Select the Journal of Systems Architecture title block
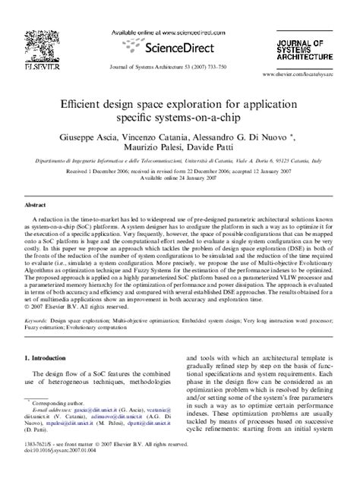point(305,51)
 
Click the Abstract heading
point(36,206)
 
